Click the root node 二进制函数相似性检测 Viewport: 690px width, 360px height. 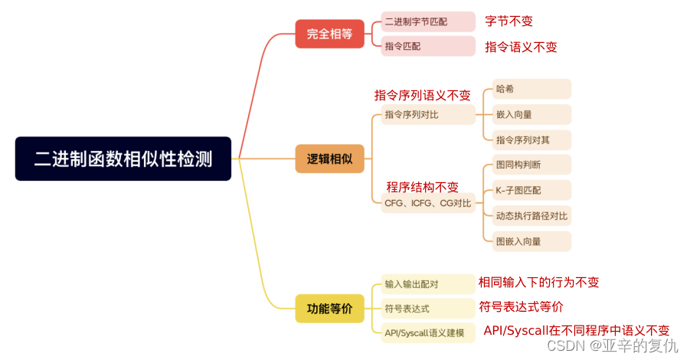123,159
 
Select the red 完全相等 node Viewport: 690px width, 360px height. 329,34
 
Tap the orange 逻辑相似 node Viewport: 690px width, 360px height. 329,159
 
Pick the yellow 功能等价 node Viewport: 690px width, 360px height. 329,309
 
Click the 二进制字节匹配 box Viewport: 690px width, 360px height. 427,21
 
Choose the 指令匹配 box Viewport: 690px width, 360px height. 427,46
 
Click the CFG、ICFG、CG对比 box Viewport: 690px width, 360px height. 427,203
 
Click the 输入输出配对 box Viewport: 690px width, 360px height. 427,284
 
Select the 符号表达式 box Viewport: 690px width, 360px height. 427,309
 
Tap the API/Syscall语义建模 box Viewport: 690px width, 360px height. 427,333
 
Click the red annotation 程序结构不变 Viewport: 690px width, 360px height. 422,187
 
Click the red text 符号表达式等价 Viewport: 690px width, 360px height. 521,306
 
